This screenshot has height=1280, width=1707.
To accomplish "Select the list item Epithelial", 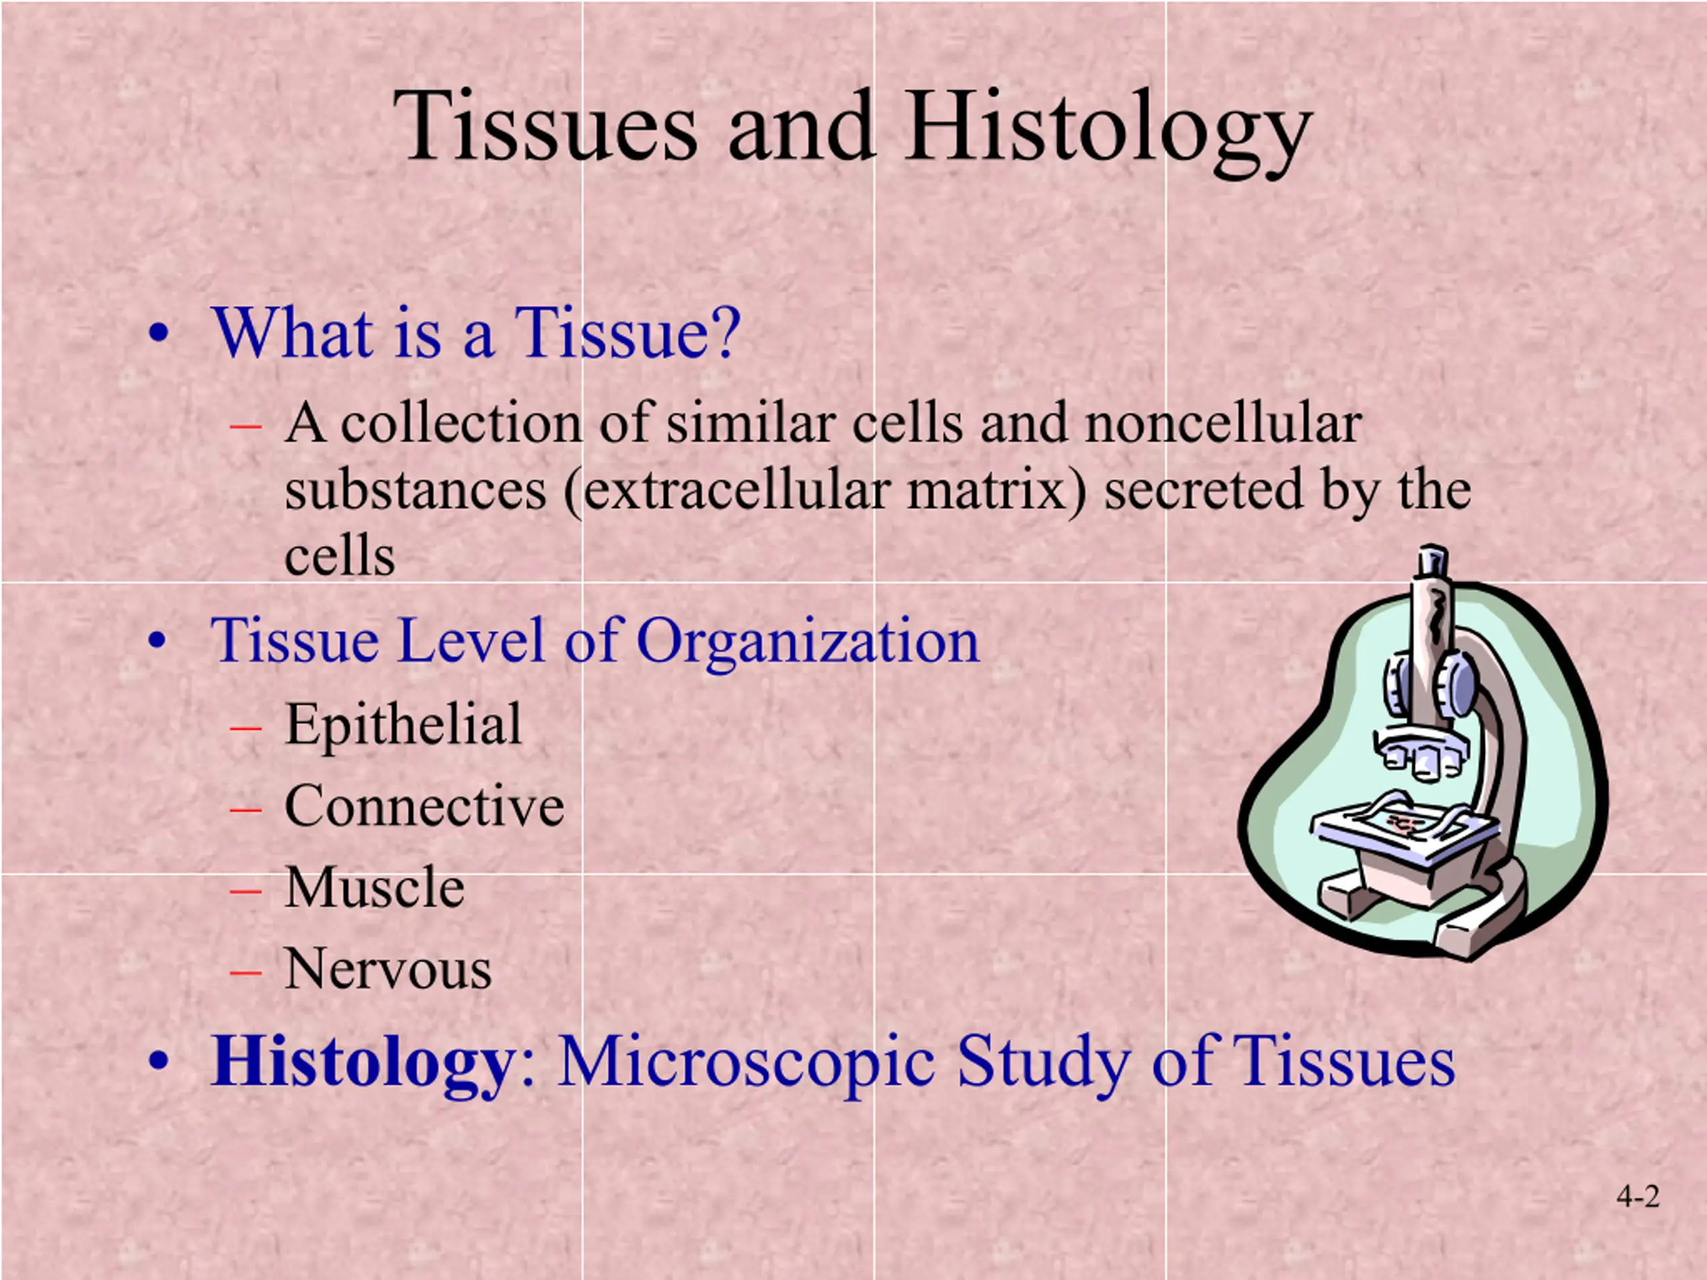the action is pyautogui.click(x=403, y=725).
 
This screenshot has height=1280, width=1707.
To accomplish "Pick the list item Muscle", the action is pyautogui.click(x=375, y=887).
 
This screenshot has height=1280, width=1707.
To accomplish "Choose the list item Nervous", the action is pyautogui.click(x=388, y=969).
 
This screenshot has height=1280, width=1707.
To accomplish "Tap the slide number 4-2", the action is pyautogui.click(x=1638, y=1197).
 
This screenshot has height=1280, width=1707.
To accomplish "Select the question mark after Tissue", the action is pyautogui.click(x=726, y=333).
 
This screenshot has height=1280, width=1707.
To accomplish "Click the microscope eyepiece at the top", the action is pyautogui.click(x=1432, y=561).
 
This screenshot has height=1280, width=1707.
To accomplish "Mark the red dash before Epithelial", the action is pyautogui.click(x=245, y=727).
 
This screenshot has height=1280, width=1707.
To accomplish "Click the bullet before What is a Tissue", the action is pyautogui.click(x=158, y=335).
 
